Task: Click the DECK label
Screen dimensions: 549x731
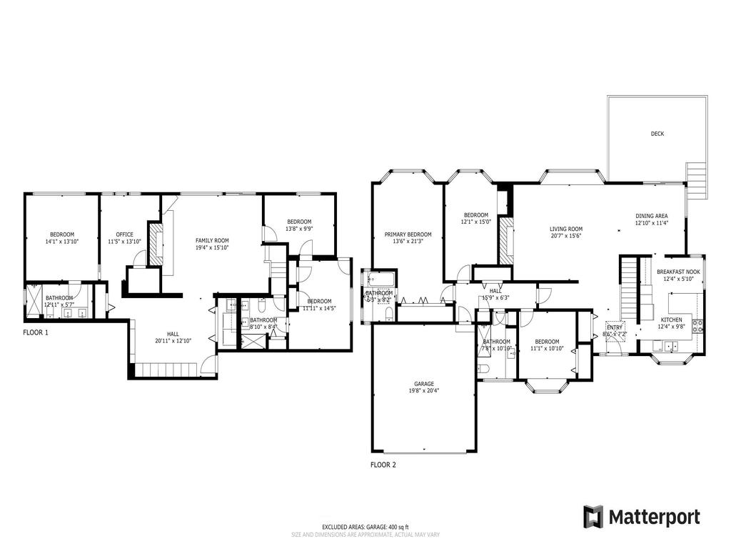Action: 657,134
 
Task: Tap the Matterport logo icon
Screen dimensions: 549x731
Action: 593,516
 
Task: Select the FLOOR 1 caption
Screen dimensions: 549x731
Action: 36,333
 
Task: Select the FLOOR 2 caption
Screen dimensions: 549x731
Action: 383,465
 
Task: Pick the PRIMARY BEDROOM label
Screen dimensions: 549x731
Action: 408,234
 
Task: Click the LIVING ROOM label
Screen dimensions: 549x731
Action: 566,229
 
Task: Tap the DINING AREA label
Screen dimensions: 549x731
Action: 651,215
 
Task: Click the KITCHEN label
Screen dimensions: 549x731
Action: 671,320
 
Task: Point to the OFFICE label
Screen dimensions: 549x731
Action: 125,234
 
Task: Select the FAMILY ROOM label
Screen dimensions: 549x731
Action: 212,240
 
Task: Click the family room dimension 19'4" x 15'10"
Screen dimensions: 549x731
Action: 212,248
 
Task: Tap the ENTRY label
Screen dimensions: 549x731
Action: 614,327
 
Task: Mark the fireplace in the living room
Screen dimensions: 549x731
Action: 505,240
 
